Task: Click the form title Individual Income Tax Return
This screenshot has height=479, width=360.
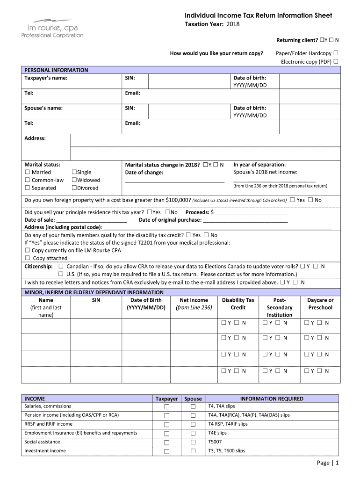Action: pyautogui.click(x=258, y=15)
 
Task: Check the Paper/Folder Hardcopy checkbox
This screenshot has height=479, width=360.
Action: pyautogui.click(x=336, y=53)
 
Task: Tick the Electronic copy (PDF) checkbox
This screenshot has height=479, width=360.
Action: pyautogui.click(x=336, y=61)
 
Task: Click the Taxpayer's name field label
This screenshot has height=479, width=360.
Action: pyautogui.click(x=46, y=78)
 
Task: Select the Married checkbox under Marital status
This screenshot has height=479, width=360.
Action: pyautogui.click(x=27, y=172)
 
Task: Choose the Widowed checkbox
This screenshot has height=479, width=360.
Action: pyautogui.click(x=74, y=180)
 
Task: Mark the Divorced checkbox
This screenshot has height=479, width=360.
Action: pyautogui.click(x=74, y=188)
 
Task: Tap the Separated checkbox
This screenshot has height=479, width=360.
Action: pyautogui.click(x=27, y=188)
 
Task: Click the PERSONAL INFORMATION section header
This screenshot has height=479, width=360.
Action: pyautogui.click(x=56, y=70)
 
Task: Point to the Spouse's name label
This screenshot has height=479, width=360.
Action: pyautogui.click(x=43, y=108)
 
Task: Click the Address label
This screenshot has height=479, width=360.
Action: pyautogui.click(x=35, y=138)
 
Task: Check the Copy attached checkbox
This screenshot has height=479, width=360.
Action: pyautogui.click(x=27, y=258)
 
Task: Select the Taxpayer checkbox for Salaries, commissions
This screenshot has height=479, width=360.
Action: pyautogui.click(x=166, y=407)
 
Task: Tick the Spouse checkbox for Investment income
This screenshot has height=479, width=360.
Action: pyautogui.click(x=193, y=451)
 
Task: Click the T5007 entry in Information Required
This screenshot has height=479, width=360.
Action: pyautogui.click(x=215, y=442)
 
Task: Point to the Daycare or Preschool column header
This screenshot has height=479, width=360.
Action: pyautogui.click(x=320, y=304)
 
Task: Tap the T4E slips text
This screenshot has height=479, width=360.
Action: pyautogui.click(x=217, y=433)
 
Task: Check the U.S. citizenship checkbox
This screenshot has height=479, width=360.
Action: pyautogui.click(x=61, y=274)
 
